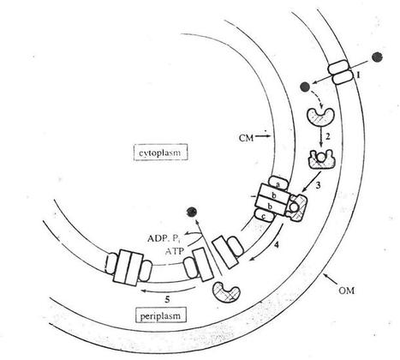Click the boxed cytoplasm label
(160, 152)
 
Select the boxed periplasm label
(160, 315)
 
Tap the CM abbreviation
(246, 138)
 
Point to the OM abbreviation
(346, 291)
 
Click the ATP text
(175, 252)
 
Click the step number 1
(358, 75)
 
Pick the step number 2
(328, 136)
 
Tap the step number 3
(318, 185)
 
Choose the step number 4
(276, 244)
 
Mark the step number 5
(168, 299)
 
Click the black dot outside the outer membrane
(377, 57)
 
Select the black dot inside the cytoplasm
(191, 212)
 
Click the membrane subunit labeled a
(278, 183)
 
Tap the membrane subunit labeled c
(265, 216)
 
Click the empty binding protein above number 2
(320, 117)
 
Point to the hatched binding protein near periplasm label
(226, 291)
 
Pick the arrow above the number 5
(169, 290)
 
